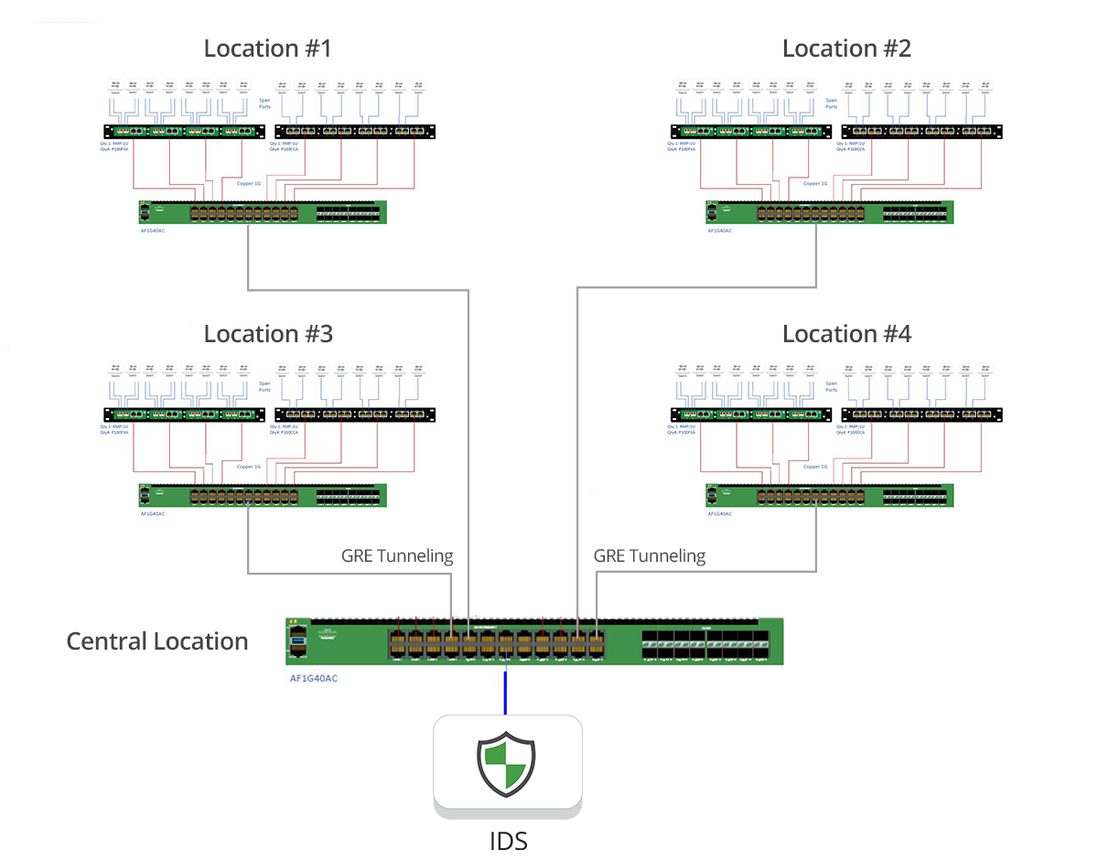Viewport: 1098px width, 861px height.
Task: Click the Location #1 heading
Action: coord(267,48)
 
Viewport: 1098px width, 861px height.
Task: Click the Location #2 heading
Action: coord(846,48)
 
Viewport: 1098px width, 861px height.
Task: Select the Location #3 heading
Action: coord(267,334)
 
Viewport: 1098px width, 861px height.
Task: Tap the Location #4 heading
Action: coord(846,334)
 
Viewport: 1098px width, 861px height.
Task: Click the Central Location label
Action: coord(156,641)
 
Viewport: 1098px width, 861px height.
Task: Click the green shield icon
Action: coord(506,764)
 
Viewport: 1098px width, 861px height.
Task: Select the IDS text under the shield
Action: coord(508,839)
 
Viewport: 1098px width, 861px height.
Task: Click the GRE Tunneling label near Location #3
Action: coord(397,555)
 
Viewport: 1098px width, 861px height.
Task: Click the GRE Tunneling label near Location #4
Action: coord(650,555)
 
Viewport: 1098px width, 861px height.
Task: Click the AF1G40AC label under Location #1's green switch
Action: coord(153,231)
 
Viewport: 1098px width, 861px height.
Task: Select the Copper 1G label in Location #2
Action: coord(815,183)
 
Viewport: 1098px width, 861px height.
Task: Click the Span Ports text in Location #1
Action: coord(264,103)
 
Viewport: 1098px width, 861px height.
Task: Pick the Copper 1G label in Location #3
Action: coord(249,467)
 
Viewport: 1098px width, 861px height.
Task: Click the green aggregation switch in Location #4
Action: coord(829,495)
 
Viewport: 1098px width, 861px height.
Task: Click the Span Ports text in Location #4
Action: coord(831,386)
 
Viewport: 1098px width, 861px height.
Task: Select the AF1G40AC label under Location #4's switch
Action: coord(719,513)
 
